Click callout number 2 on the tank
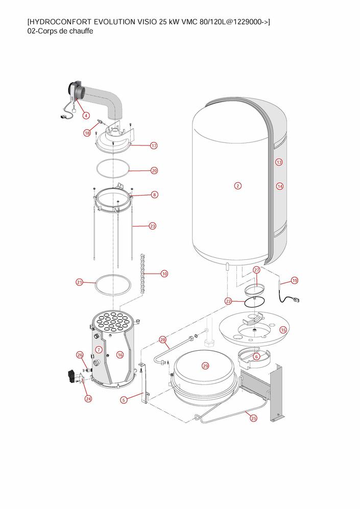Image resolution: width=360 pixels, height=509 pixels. [x=238, y=185]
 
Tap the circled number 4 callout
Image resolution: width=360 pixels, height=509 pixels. [x=86, y=115]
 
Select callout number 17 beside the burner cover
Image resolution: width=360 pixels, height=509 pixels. [x=154, y=146]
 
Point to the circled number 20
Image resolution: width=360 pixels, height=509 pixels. [x=154, y=171]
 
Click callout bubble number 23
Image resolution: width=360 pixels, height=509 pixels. [x=153, y=226]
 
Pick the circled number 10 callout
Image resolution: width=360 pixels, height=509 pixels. [x=164, y=274]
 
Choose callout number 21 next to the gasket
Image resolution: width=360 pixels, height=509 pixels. [x=80, y=282]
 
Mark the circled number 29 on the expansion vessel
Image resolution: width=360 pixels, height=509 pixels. [x=206, y=366]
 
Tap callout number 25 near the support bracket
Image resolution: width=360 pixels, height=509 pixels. [x=254, y=418]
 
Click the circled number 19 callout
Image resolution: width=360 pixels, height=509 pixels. [x=295, y=280]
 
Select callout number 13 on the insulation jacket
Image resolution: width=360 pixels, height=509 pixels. [x=279, y=162]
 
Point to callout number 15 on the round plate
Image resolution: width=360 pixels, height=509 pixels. [x=283, y=330]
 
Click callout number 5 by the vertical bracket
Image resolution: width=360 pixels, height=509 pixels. [x=124, y=400]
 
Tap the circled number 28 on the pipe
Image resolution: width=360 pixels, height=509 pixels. [x=163, y=340]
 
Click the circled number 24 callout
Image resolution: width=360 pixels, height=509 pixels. [x=88, y=399]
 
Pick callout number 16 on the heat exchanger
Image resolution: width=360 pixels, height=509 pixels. [x=120, y=354]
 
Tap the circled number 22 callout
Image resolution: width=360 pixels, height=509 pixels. [x=228, y=301]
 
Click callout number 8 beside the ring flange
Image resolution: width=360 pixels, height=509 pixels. [x=154, y=195]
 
